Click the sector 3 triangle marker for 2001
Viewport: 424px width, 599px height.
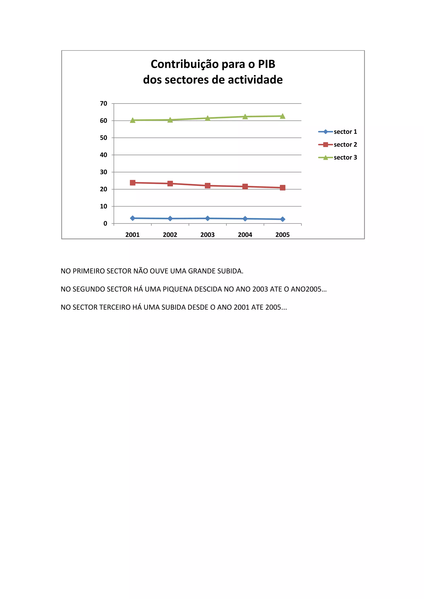tap(133, 120)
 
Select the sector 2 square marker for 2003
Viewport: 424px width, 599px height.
tap(208, 186)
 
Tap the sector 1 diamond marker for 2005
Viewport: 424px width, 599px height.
tap(282, 219)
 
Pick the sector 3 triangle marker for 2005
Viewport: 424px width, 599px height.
tap(282, 116)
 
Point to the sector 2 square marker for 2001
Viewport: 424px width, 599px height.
tap(133, 183)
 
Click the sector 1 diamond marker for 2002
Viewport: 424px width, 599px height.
tap(170, 219)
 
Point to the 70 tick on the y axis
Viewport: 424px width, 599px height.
tap(104, 104)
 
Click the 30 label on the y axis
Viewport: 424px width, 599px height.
tap(104, 172)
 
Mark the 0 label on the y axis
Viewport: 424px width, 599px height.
tap(105, 224)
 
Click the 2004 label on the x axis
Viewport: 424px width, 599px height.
tap(245, 235)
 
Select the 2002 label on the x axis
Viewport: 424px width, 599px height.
tap(170, 235)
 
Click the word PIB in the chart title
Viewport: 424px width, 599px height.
tap(267, 64)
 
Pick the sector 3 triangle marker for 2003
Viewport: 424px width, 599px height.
tap(208, 118)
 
